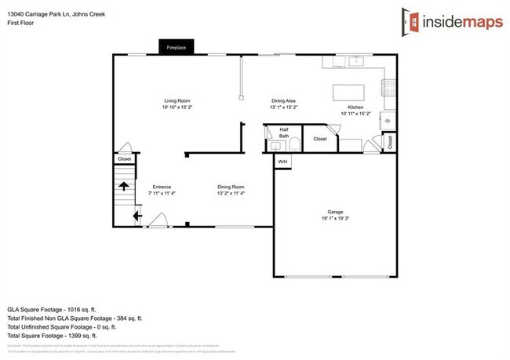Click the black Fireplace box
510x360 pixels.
click(x=176, y=48)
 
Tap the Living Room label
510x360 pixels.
click(x=177, y=100)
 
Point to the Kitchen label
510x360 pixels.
click(x=355, y=107)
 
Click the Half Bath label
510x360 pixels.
click(x=284, y=133)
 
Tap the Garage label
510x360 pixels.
click(x=335, y=212)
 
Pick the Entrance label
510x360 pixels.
click(x=162, y=187)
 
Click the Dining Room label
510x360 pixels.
click(x=231, y=187)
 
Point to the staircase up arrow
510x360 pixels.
click(x=124, y=187)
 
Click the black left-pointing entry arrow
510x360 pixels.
click(x=137, y=214)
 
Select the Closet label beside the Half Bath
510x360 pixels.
click(x=319, y=139)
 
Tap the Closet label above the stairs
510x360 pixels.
click(x=125, y=159)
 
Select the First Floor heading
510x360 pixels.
click(x=20, y=24)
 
